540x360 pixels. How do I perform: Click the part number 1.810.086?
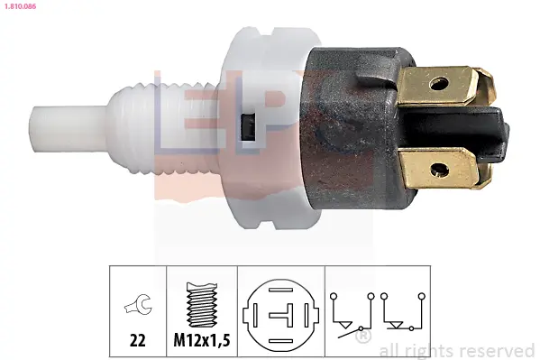(x=20, y=6)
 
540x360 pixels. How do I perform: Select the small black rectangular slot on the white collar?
(x=248, y=127)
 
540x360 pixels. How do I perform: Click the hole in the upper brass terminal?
(x=439, y=83)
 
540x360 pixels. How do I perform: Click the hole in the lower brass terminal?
(x=440, y=170)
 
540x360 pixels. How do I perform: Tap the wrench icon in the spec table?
(x=139, y=305)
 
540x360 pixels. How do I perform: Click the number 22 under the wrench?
(x=137, y=340)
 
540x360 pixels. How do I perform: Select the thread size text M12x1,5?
(x=202, y=340)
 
